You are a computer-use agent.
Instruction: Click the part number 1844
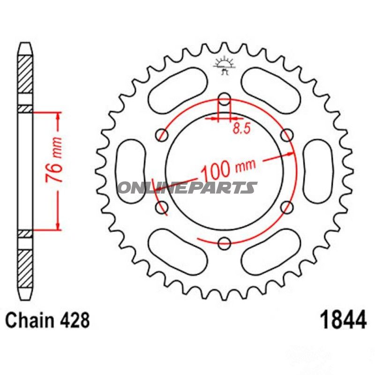[x=343, y=322]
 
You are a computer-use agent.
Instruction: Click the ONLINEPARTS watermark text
[x=187, y=188]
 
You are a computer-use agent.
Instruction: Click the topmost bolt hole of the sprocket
[x=225, y=99]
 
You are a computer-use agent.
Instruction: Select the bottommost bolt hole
[x=225, y=243]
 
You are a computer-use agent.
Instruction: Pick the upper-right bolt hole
[x=287, y=135]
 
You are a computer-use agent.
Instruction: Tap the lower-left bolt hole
[x=163, y=207]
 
